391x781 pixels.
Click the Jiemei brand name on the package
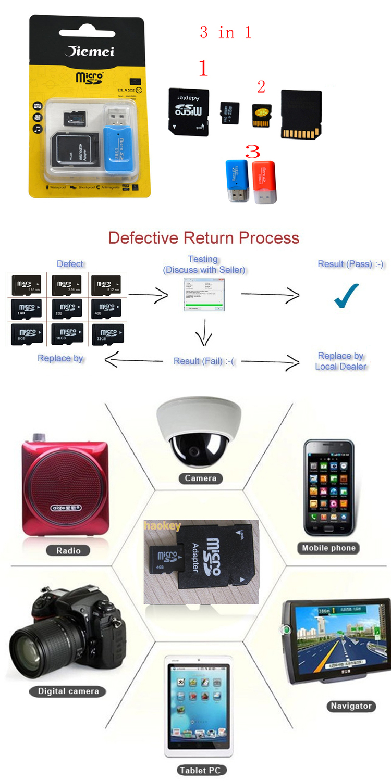pos(89,51)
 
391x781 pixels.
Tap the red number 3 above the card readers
pos(252,152)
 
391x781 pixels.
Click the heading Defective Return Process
pos(204,238)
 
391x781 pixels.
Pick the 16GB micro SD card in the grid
pos(67,334)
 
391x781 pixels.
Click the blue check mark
pos(346,296)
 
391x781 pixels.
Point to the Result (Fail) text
pos(203,361)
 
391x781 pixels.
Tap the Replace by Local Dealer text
pos(341,361)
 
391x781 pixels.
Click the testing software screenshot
pos(204,295)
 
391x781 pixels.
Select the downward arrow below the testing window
pos(204,332)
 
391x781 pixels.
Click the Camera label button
pos(200,478)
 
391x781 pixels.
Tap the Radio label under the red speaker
pos(68,550)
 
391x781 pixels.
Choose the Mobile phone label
pos(328,548)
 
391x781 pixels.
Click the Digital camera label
pos(68,691)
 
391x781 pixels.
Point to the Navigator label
pos(351,706)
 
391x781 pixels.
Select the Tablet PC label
pos(200,770)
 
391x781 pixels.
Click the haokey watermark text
pos(162,526)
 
